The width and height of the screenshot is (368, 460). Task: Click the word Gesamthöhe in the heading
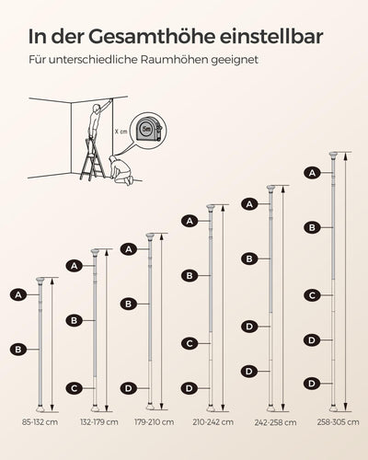152,37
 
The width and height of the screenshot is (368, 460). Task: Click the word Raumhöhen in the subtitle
174,60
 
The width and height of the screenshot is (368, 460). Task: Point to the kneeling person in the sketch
121,170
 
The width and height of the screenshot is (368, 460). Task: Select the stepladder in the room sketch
92,160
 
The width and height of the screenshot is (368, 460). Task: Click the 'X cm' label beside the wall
121,132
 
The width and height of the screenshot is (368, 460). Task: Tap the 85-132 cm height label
40,422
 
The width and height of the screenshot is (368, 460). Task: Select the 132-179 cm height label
99,422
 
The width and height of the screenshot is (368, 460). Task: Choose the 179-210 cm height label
155,422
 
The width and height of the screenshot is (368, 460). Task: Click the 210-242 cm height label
213,422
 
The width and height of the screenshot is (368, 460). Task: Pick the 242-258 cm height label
275,422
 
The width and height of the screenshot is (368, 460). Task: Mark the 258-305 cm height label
338,422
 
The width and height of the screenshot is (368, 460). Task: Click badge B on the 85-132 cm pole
18,350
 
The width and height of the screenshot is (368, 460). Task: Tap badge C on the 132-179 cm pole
75,388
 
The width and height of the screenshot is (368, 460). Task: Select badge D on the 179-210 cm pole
129,388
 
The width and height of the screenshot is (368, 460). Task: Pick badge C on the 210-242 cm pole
190,343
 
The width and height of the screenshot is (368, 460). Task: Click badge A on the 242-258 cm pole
249,204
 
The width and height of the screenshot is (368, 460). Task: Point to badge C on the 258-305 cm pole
312,295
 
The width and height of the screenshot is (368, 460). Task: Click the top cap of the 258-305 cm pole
333,155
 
